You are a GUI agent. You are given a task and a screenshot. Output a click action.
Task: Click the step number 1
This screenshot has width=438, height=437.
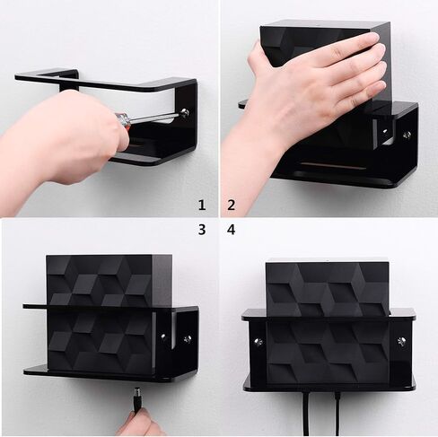[202, 205]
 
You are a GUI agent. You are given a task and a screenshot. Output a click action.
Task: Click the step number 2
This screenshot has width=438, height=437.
[232, 205]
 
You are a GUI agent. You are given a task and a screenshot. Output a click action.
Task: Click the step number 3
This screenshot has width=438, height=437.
[202, 230]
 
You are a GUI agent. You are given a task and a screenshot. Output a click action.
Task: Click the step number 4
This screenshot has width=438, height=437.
[232, 230]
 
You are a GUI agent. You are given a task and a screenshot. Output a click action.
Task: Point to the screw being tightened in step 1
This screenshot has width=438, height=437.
[185, 113]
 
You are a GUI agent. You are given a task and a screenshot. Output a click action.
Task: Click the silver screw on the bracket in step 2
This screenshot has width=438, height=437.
[407, 135]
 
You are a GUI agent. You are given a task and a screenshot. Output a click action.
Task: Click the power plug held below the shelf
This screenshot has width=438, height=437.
[136, 396]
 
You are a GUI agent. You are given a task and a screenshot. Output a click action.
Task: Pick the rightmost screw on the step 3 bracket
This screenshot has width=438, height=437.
[188, 339]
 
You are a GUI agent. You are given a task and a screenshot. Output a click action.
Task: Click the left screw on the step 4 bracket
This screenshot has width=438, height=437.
[256, 341]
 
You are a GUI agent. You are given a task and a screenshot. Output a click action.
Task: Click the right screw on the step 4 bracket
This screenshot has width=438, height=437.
[401, 341]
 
